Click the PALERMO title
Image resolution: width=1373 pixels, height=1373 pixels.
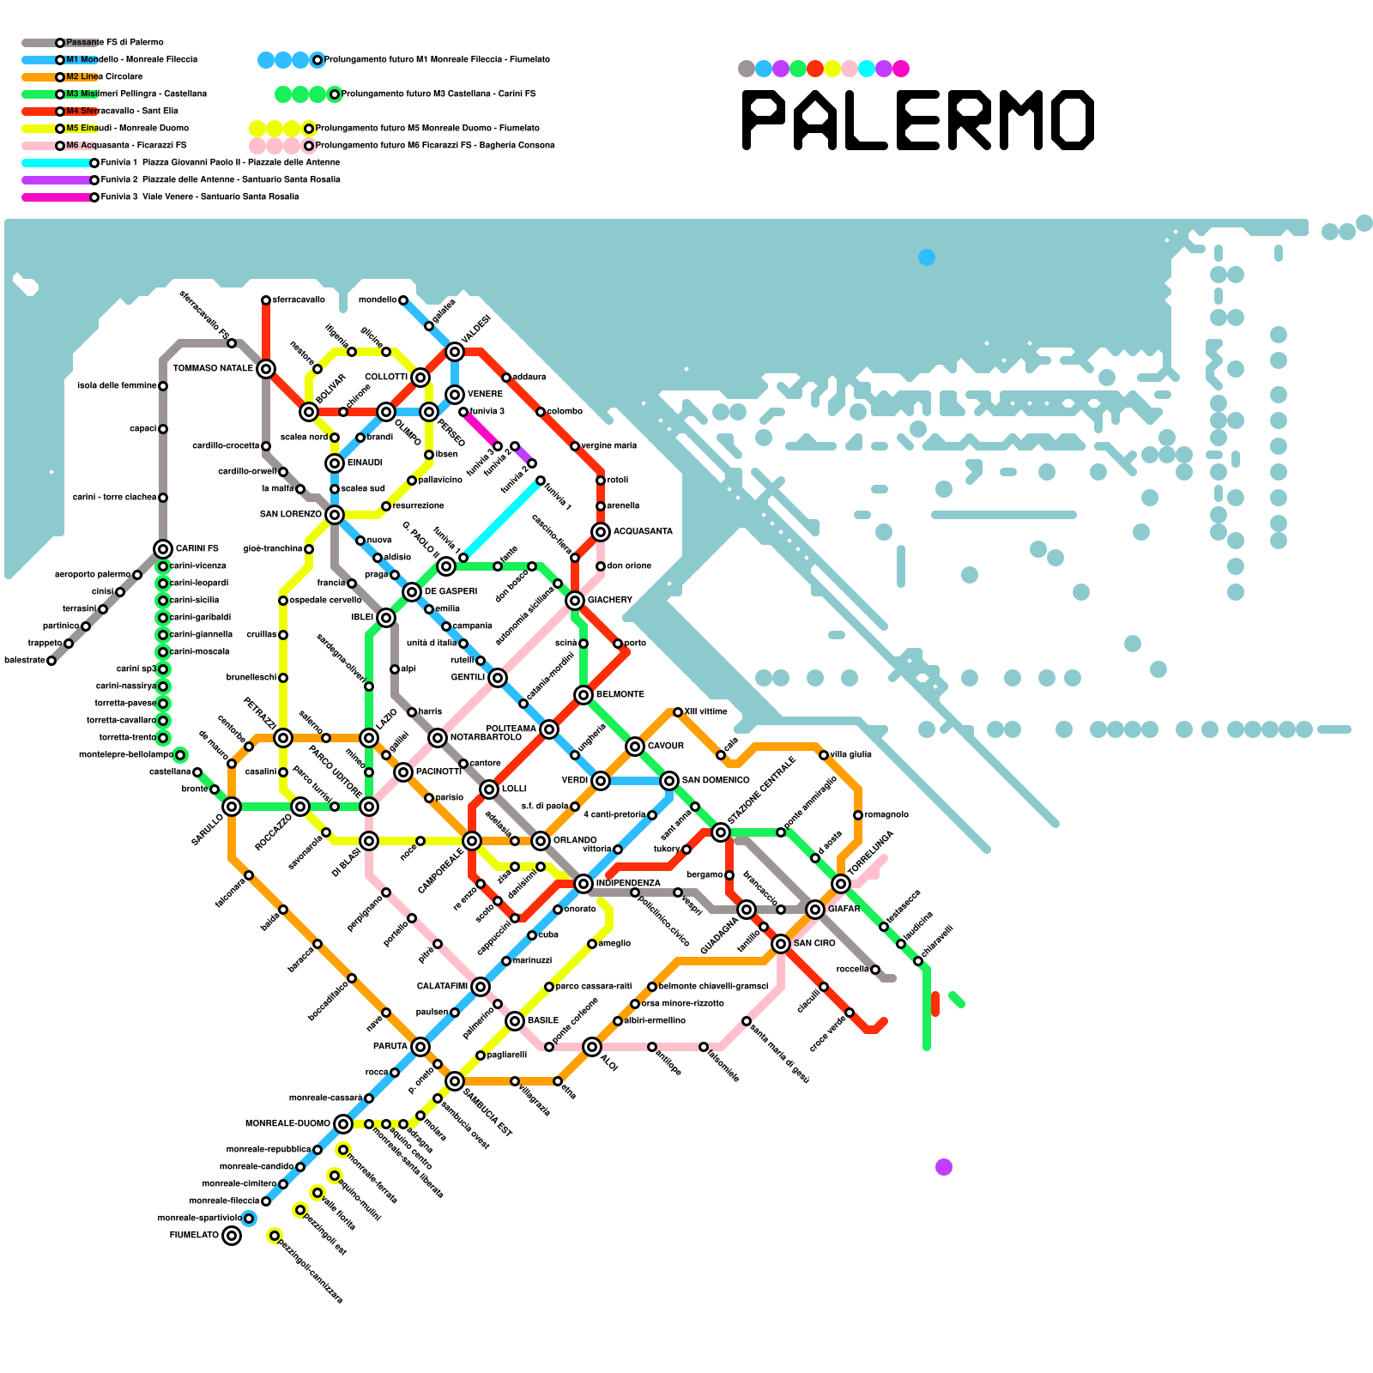(918, 120)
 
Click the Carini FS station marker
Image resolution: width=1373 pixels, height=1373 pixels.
(163, 549)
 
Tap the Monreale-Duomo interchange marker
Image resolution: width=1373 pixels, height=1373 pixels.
(343, 1124)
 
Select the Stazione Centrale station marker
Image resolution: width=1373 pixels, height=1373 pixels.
(721, 832)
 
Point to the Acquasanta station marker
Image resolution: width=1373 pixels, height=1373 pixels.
(601, 532)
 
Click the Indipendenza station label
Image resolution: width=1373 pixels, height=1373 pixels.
(628, 883)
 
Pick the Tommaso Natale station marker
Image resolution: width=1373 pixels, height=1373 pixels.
(266, 369)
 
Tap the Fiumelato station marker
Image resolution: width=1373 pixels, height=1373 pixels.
(232, 1236)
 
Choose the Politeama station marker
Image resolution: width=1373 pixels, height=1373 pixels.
(549, 729)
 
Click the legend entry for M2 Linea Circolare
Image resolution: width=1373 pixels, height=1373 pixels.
(104, 77)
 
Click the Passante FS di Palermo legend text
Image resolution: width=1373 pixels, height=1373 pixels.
(115, 43)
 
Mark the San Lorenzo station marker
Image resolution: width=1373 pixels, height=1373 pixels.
(335, 515)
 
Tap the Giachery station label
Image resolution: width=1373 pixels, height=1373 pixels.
(610, 601)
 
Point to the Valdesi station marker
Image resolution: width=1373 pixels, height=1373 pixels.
(455, 352)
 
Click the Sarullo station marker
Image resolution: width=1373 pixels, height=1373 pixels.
(232, 807)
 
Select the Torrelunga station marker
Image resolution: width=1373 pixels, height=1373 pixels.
(841, 884)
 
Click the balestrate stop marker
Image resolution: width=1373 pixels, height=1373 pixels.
(51, 661)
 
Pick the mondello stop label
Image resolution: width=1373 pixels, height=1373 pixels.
(378, 300)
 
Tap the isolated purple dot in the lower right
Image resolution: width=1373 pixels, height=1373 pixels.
(944, 1167)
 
